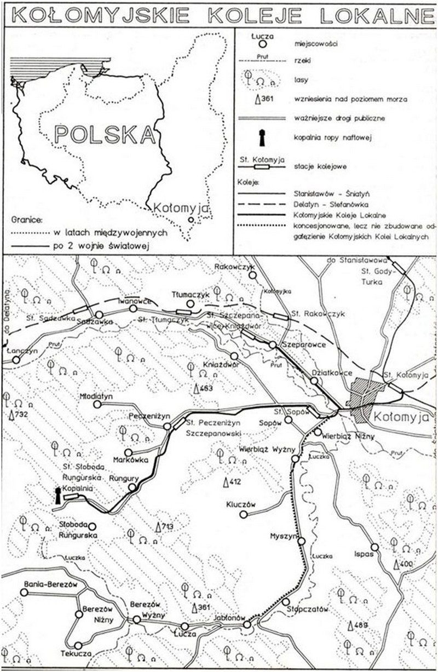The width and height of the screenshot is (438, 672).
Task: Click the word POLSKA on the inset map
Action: [x=105, y=133]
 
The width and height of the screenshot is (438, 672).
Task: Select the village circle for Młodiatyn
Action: [x=98, y=404]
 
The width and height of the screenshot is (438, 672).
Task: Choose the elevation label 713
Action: [x=165, y=527]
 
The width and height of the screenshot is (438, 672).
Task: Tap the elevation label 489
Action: [x=358, y=625]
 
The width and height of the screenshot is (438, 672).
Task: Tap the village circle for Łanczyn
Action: [x=16, y=360]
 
